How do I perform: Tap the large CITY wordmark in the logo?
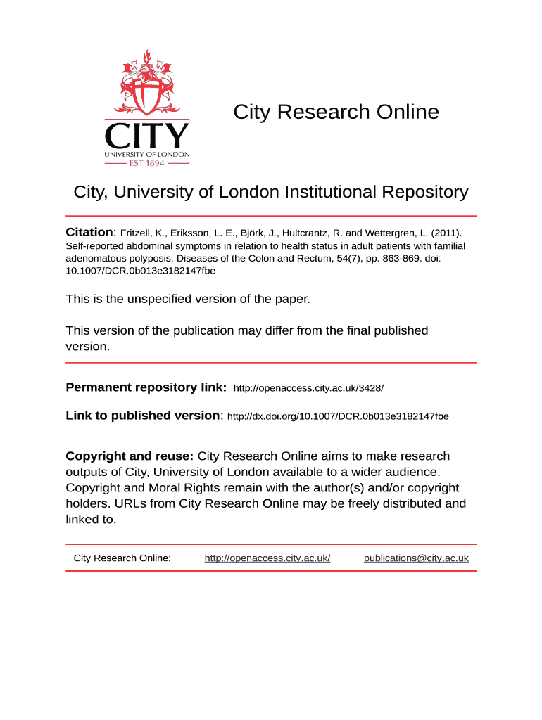coord(147,135)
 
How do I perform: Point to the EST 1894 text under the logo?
coord(147,163)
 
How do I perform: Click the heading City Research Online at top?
coord(336,112)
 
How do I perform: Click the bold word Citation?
coord(89,232)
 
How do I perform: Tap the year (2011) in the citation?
coord(446,233)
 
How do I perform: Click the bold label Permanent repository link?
coord(146,387)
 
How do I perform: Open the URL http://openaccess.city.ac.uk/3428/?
coord(308,388)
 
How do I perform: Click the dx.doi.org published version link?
coord(338,416)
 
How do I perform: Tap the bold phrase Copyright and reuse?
coord(130,456)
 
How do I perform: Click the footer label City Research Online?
coord(122,558)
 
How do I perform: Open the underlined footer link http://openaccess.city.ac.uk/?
coord(267,558)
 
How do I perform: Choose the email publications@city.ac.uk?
coord(416,558)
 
